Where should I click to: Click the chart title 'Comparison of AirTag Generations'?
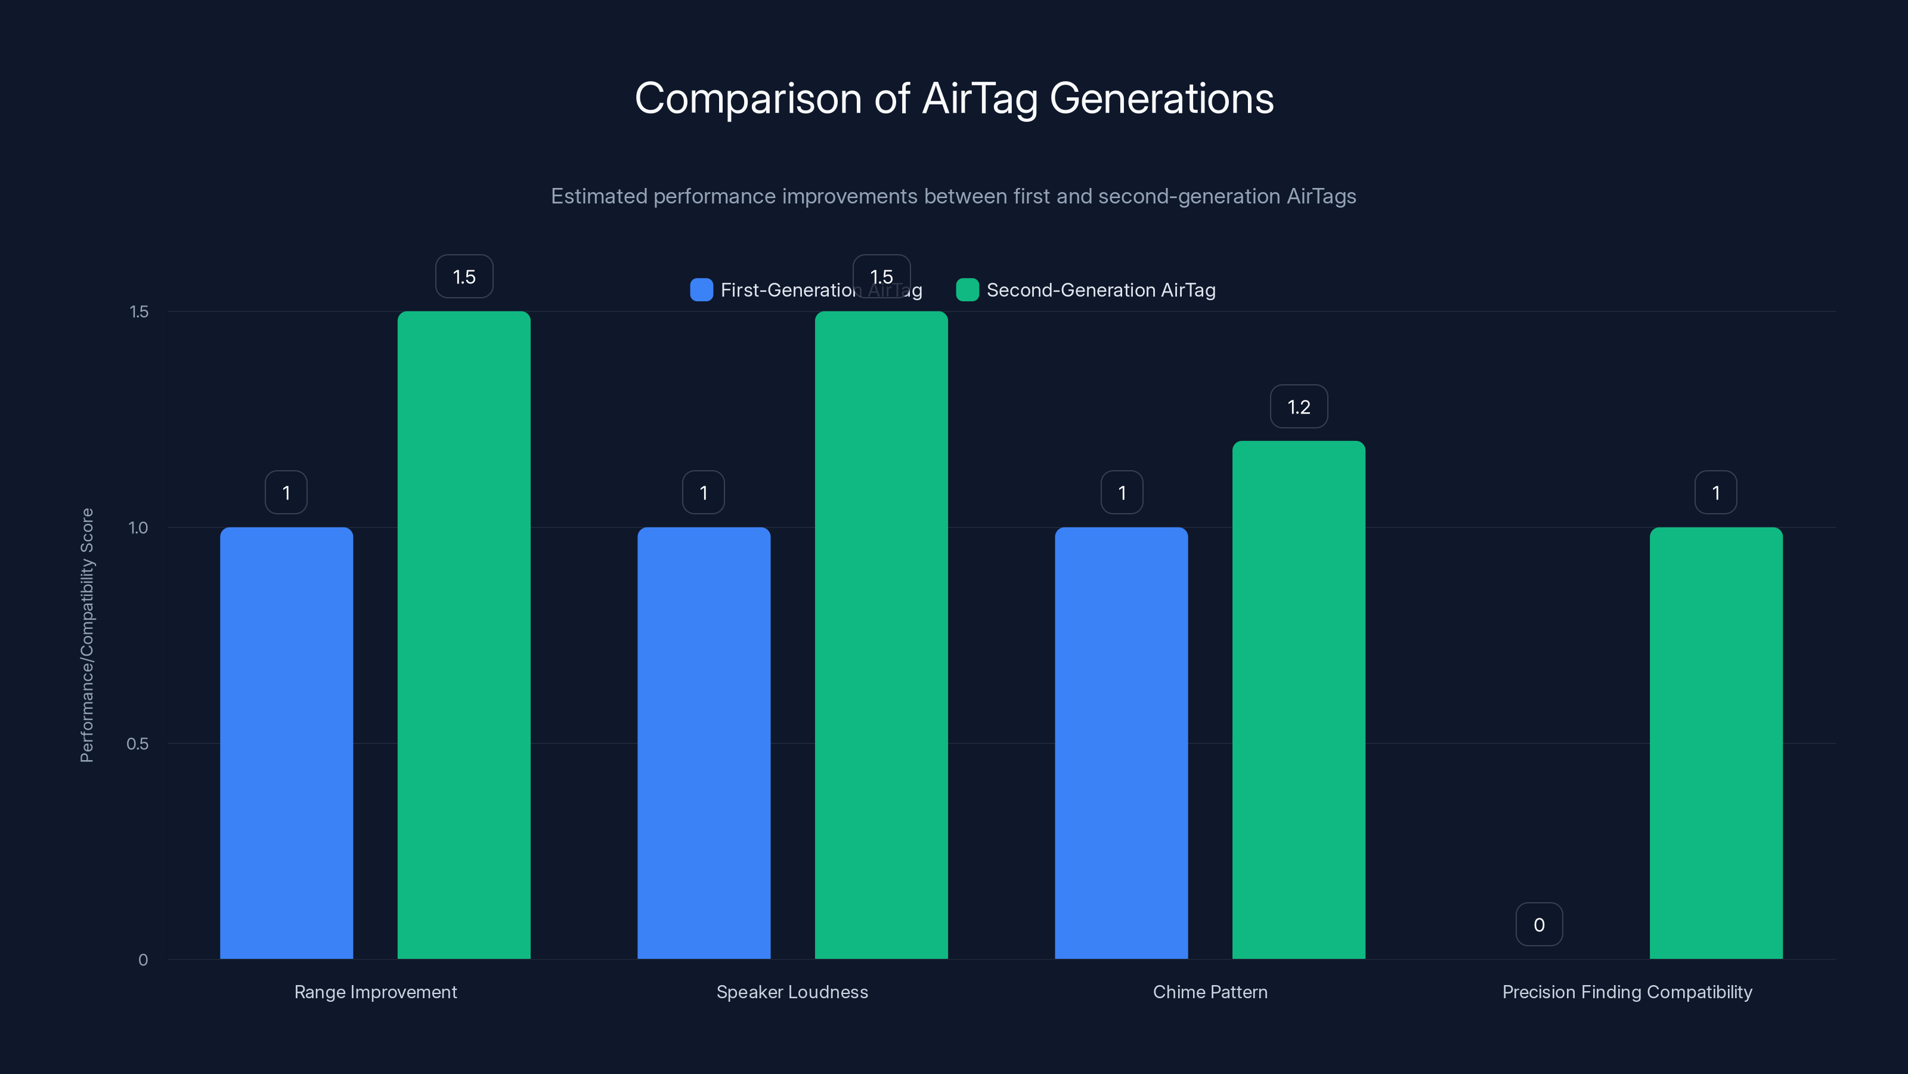point(954,98)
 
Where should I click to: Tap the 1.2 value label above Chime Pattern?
point(1299,407)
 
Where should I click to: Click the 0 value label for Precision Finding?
point(1538,924)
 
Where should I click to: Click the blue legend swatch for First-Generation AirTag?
point(701,290)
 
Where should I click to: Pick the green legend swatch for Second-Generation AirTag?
point(967,290)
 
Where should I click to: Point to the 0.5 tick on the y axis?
point(138,743)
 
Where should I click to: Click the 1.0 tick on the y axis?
point(138,527)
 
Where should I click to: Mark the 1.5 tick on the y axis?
point(138,312)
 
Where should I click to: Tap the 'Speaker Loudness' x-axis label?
point(792,992)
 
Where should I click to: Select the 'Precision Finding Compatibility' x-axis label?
point(1627,992)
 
